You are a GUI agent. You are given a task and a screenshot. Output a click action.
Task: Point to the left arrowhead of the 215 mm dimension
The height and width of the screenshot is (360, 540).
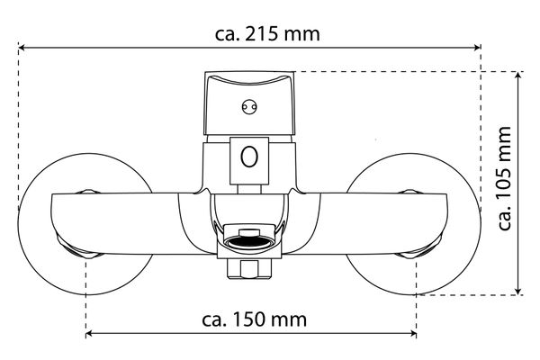click(x=23, y=48)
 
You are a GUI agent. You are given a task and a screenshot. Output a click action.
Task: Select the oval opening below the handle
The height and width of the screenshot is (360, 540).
click(x=252, y=158)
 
